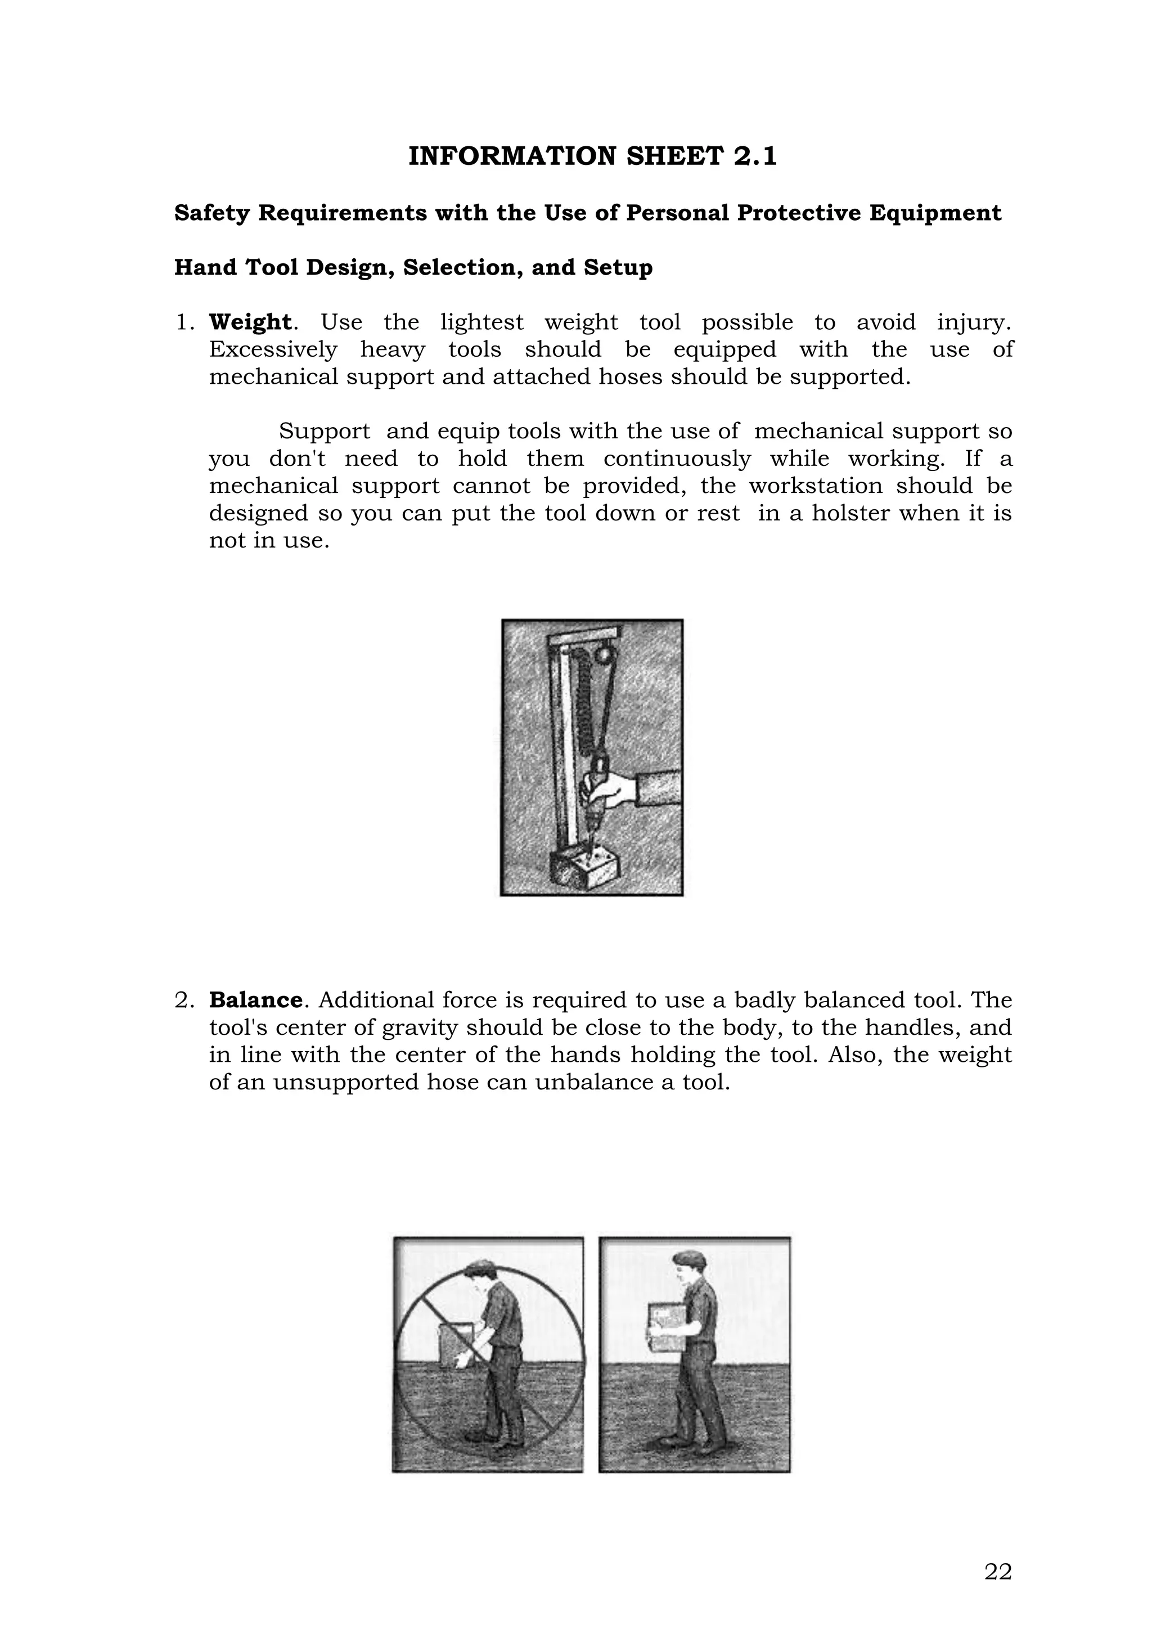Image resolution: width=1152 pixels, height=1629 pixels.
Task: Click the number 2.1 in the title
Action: pos(755,156)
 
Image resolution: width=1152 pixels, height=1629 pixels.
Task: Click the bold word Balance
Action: pos(255,1000)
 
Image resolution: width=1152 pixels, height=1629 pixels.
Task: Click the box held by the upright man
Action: pos(668,1327)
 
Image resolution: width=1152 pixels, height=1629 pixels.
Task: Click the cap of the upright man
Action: pos(686,1259)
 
